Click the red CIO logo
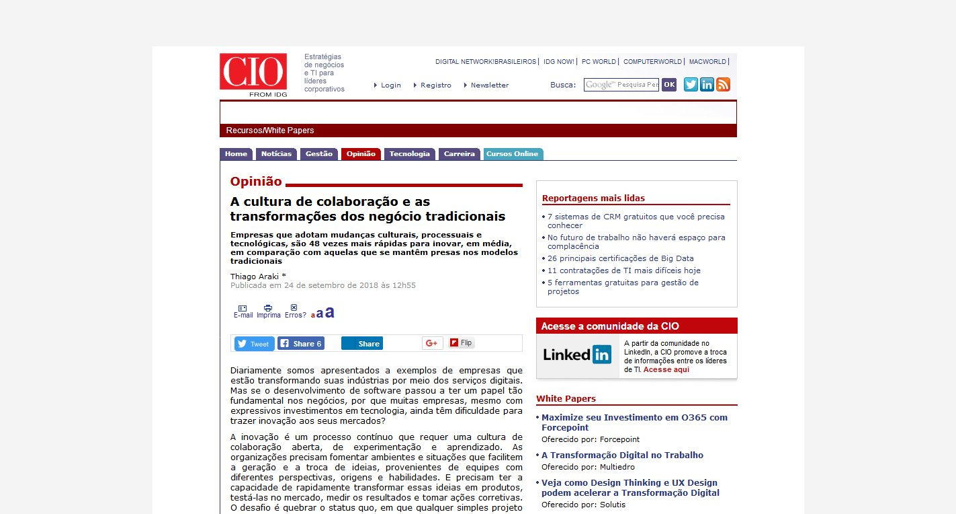[253, 72]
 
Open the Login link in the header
[390, 85]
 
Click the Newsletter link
[489, 85]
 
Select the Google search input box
[621, 85]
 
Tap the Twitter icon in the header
[691, 85]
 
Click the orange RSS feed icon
[723, 85]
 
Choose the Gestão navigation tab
[319, 154]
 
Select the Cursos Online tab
[513, 154]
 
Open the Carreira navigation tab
[460, 154]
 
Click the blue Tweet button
[254, 344]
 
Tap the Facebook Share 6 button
[301, 344]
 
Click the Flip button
[462, 343]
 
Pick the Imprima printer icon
[268, 308]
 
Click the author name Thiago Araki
[255, 277]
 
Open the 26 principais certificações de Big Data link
[620, 258]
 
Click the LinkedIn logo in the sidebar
[577, 355]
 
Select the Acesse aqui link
[666, 369]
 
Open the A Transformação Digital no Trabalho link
[622, 455]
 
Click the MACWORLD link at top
[707, 62]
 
